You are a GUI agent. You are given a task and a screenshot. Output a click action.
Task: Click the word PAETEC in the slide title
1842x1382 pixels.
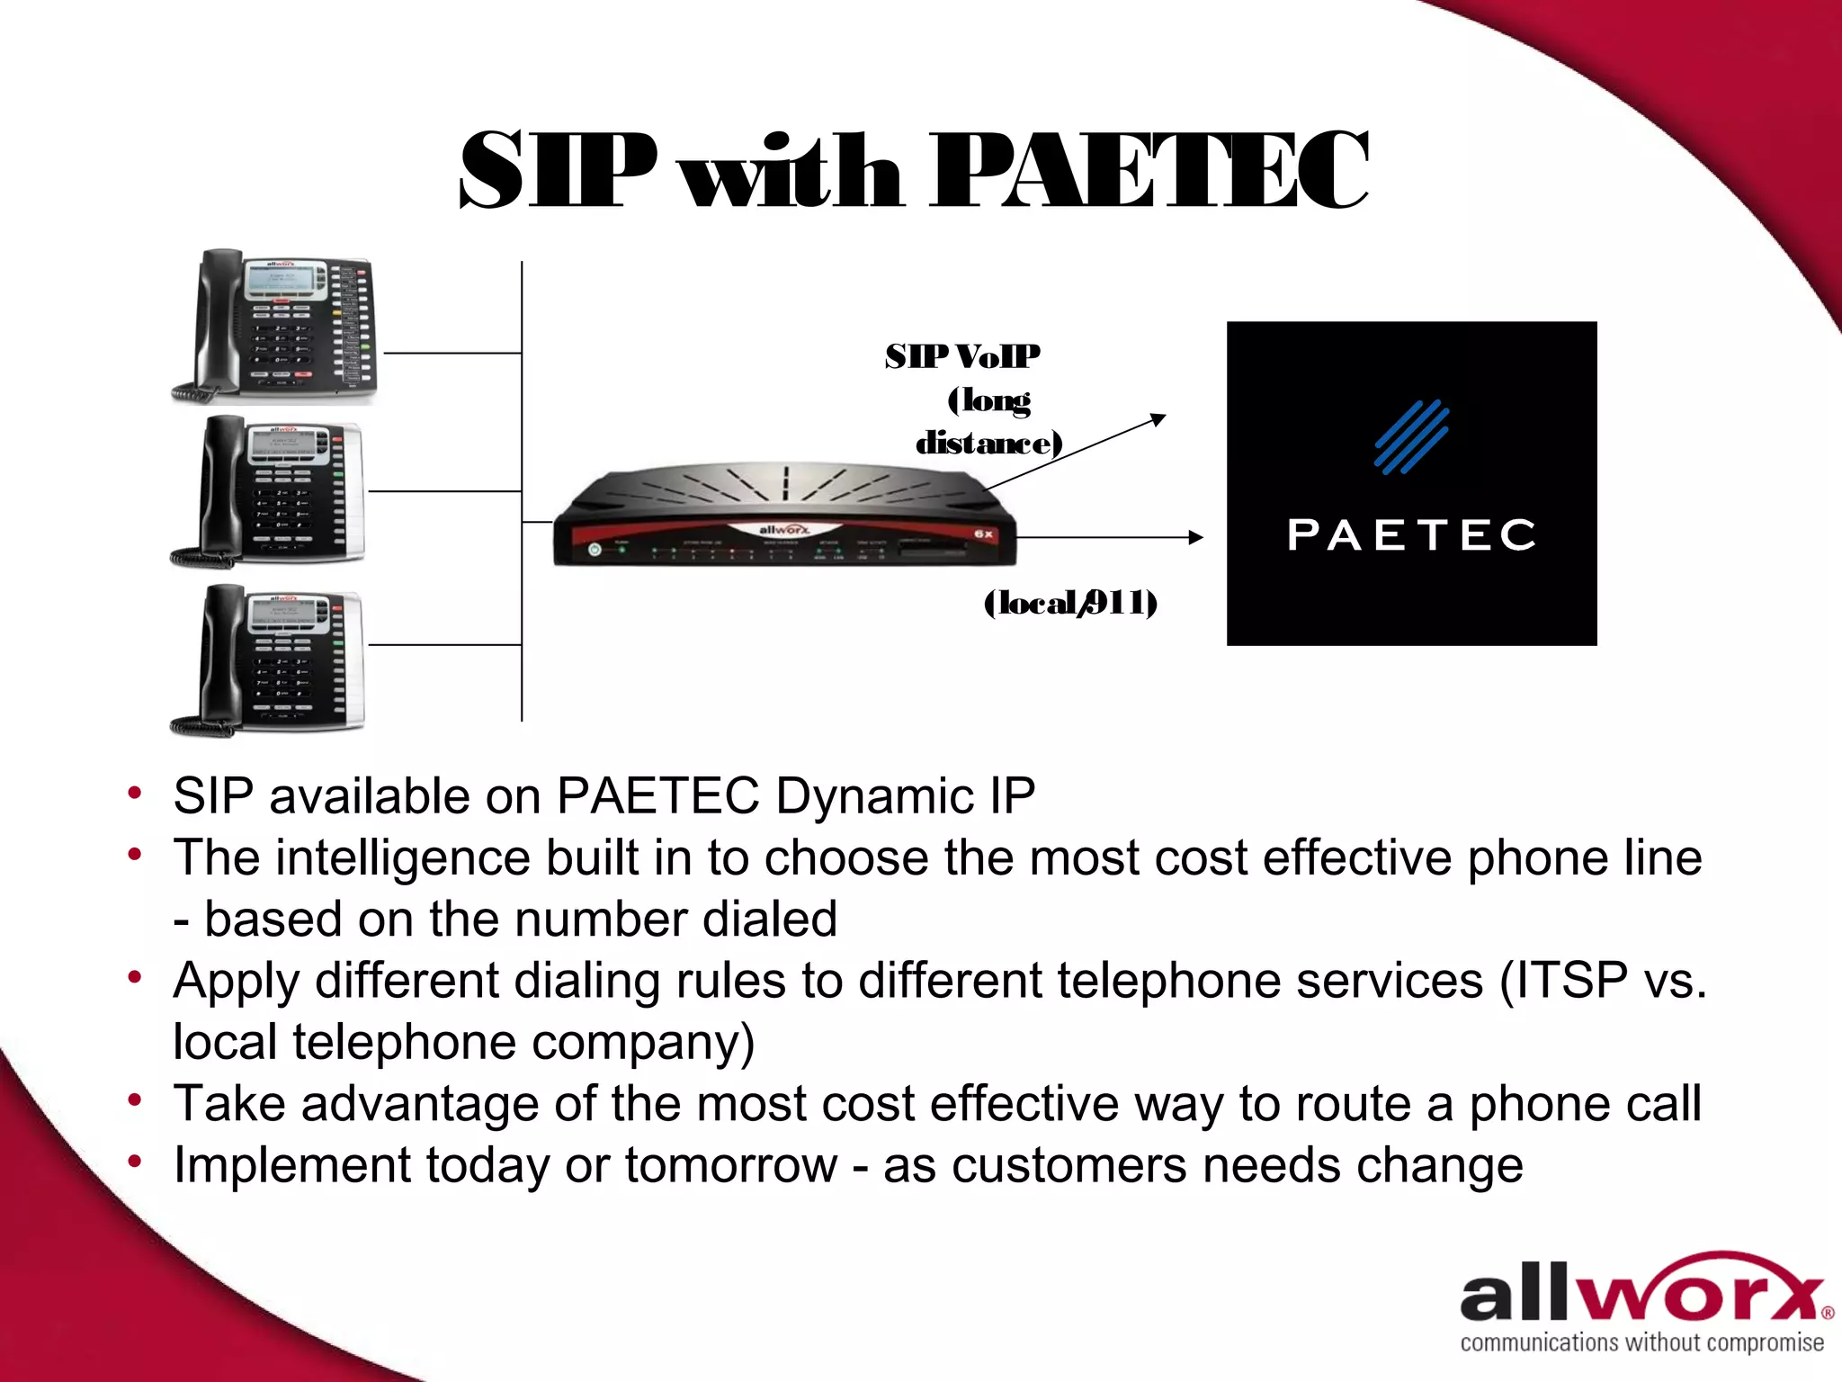point(1149,171)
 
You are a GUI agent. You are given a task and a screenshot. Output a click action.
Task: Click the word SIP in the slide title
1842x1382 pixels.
point(558,171)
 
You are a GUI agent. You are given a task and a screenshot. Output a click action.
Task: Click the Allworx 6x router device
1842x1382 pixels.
point(784,517)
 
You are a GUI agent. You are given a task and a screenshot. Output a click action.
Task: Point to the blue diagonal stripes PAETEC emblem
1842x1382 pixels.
point(1411,436)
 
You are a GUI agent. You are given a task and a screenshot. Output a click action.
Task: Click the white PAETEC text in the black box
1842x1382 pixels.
point(1411,535)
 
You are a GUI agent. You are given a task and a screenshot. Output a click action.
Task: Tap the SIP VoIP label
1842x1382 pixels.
point(962,357)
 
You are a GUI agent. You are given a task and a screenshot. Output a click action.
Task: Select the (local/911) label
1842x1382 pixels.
point(1070,603)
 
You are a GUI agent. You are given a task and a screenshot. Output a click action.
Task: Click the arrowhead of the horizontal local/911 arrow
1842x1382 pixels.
point(1195,537)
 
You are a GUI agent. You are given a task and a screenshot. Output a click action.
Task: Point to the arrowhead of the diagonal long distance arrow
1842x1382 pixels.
point(1158,418)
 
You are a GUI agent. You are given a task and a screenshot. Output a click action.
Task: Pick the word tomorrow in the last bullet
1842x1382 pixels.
point(730,1165)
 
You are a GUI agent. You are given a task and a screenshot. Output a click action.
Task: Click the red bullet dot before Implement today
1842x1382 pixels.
point(135,1162)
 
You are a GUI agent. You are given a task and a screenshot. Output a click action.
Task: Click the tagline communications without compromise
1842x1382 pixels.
point(1642,1343)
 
